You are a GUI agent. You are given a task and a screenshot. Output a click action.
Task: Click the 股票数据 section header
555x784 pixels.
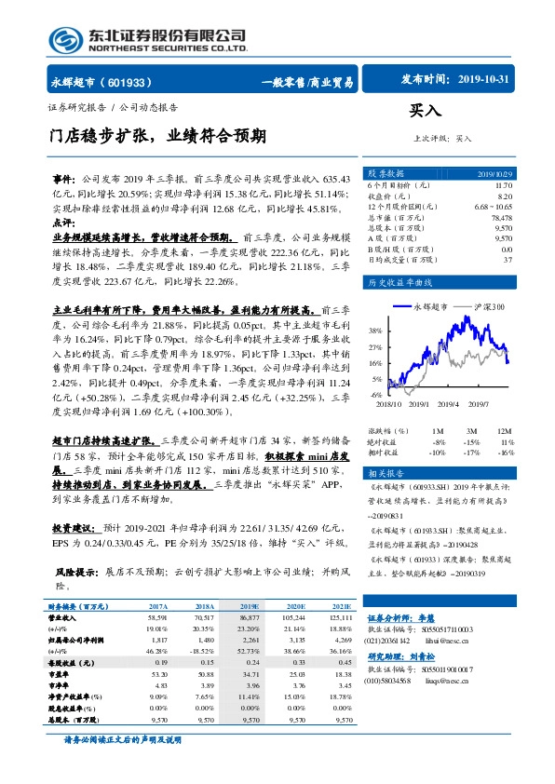coord(385,174)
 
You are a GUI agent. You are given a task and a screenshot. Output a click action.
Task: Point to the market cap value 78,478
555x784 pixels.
coord(500,217)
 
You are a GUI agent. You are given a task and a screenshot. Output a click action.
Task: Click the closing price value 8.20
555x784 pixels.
coord(504,196)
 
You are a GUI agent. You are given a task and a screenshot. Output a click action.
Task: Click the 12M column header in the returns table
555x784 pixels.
coord(505,430)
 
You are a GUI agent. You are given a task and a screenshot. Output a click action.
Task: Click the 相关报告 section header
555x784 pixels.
coord(385,474)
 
